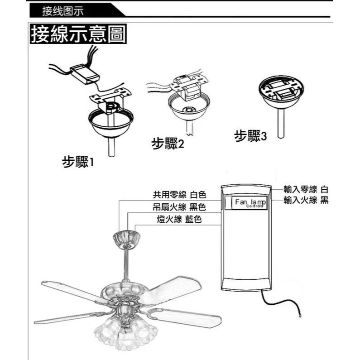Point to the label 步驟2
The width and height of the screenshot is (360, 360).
pos(168,144)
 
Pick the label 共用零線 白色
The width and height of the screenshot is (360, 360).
pos(179,195)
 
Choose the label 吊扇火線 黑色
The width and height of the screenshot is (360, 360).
pos(179,207)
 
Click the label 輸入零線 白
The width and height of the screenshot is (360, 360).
pos(306,189)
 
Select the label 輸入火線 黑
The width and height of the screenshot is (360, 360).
pos(306,200)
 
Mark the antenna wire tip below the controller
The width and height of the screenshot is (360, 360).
pos(299,312)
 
